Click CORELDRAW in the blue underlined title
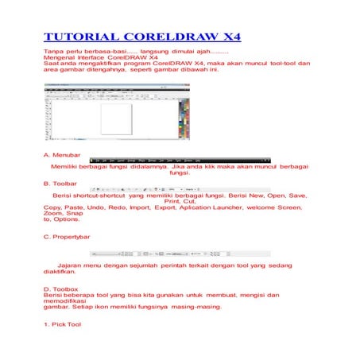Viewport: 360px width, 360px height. tap(166, 37)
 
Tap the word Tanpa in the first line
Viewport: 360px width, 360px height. tap(52, 51)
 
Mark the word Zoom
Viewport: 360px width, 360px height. tap(52, 213)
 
